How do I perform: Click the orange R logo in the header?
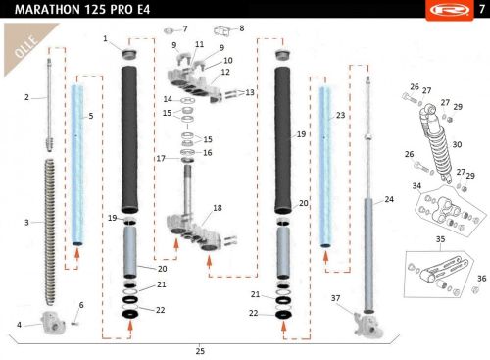[x=449, y=10]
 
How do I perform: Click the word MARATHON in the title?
[x=48, y=10]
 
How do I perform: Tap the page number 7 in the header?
[x=482, y=9]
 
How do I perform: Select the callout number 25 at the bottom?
[x=200, y=351]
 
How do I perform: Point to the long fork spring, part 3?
[x=49, y=232]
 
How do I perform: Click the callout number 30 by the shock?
[x=457, y=144]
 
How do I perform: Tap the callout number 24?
[x=389, y=199]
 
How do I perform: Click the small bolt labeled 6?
[x=74, y=324]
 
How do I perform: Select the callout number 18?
[x=218, y=208]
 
